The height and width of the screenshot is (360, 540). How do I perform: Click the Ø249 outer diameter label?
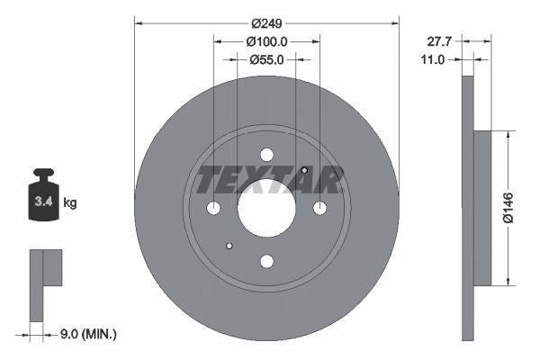pos(266,23)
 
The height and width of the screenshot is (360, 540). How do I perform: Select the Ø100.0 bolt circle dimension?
pos(267,41)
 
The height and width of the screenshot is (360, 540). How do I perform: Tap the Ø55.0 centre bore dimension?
pos(266,60)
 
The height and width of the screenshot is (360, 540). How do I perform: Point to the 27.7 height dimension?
pos(439,41)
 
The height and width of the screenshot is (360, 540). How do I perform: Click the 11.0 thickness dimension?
pos(433,60)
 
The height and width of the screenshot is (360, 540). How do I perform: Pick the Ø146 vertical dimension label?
pos(508,208)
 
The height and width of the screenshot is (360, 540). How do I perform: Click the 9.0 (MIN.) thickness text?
pos(88,334)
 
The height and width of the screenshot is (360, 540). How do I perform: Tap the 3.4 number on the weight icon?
pos(44,202)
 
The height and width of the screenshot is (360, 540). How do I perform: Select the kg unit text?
pos(70,202)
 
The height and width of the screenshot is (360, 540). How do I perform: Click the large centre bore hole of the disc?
pos(266,208)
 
